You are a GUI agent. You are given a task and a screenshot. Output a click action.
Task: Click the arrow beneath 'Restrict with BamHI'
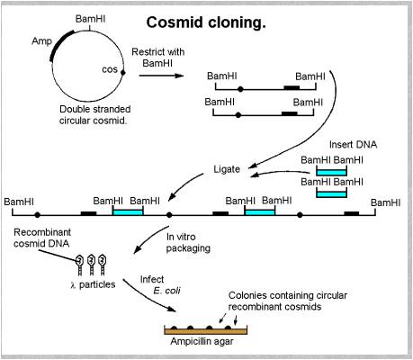coord(162,77)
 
